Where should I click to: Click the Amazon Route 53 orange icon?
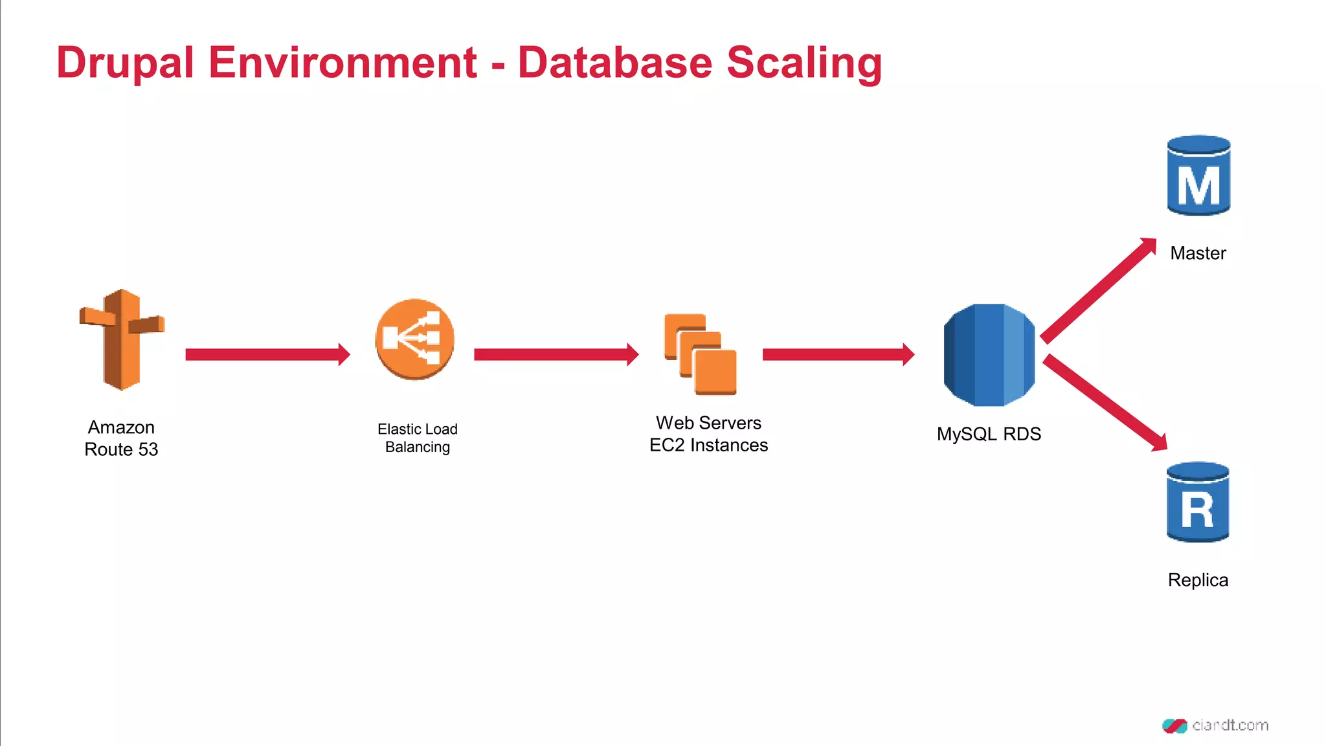(x=122, y=339)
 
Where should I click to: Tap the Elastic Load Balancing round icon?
(x=414, y=339)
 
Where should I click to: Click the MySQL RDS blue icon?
(x=989, y=355)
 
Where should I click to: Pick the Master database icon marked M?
(x=1198, y=175)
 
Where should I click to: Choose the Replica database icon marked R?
(x=1198, y=502)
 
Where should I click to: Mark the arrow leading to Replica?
(x=1105, y=402)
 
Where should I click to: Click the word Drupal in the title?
(x=125, y=63)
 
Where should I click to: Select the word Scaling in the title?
(x=804, y=63)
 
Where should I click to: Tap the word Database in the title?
(x=614, y=63)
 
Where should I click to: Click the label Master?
(x=1198, y=253)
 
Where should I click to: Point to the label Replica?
(x=1198, y=580)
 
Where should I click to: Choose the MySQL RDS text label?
(x=989, y=434)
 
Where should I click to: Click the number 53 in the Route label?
(x=148, y=449)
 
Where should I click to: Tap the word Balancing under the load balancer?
(x=417, y=447)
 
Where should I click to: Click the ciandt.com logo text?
(x=1230, y=725)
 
